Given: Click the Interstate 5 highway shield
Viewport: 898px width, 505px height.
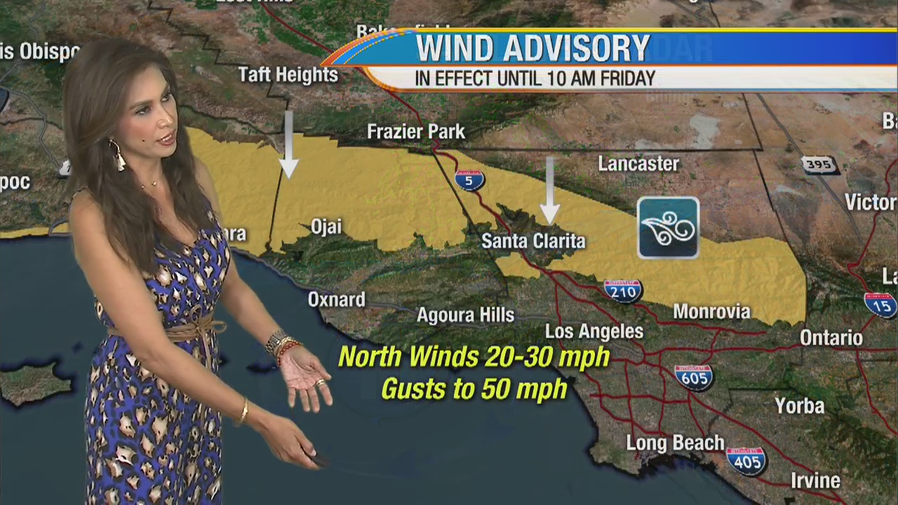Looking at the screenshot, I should click(x=469, y=180).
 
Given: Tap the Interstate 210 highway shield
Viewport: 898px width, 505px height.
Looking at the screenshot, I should click(x=623, y=290).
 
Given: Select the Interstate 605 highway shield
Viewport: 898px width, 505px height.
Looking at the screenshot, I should click(x=694, y=377).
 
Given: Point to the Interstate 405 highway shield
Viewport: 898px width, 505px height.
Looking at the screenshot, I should click(x=746, y=460).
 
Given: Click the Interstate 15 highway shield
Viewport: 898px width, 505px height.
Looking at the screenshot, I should click(x=880, y=304).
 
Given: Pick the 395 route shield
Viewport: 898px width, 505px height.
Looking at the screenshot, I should click(x=819, y=165).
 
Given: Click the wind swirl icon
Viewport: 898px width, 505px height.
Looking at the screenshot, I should click(x=668, y=228).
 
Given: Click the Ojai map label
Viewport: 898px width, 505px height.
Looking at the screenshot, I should click(x=326, y=227).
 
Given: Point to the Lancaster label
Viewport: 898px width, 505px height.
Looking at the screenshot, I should click(x=638, y=164).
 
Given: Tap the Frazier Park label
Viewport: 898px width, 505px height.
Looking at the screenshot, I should click(x=416, y=131).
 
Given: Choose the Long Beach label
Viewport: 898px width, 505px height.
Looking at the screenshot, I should click(x=675, y=443).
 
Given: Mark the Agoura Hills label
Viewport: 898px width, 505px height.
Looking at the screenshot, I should click(x=465, y=316).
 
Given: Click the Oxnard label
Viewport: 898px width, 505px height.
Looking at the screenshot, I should click(x=337, y=299).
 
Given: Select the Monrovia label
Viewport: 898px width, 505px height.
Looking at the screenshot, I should click(x=711, y=311).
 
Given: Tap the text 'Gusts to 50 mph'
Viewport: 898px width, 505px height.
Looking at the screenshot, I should click(x=474, y=389).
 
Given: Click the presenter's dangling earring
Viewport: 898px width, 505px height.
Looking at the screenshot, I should click(x=116, y=155).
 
